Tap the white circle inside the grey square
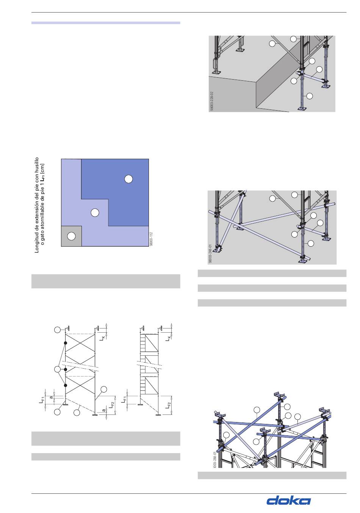[x=71, y=236]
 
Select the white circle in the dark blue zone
[x=128, y=179]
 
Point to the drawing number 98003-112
[x=151, y=239]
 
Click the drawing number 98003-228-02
[x=212, y=101]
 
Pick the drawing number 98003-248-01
[x=210, y=254]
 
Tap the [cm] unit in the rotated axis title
[x=42, y=168]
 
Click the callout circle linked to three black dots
[x=57, y=369]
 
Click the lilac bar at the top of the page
[x=106, y=23]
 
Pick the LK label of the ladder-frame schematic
[x=168, y=338]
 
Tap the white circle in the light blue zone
[x=95, y=213]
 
